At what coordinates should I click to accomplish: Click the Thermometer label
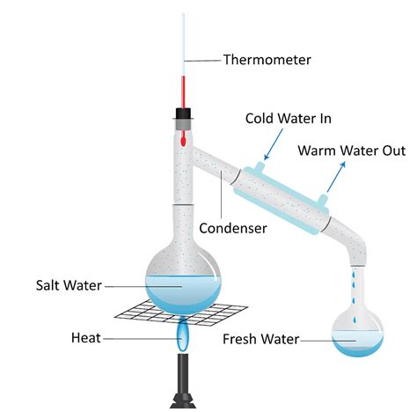coord(267,60)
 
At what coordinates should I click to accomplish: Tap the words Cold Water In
coord(289,119)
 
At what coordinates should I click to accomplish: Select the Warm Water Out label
coord(352,151)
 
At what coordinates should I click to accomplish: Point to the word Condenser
coord(233,228)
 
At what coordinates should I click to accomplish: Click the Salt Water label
coord(69,285)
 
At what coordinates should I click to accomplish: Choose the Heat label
coord(86,338)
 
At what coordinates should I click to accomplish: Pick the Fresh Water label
coord(260,339)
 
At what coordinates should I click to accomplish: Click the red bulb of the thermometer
coord(183,141)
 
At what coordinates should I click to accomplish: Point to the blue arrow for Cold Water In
coord(273,144)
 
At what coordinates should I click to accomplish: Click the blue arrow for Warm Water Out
coord(336,177)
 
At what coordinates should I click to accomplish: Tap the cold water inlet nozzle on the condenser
coord(260,166)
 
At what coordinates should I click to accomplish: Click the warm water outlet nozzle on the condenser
coord(322,200)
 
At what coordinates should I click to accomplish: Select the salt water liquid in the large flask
coord(183,293)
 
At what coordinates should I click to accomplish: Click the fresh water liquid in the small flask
coord(357,342)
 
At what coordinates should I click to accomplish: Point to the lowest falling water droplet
coord(355,320)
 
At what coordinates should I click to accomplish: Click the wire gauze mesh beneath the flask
coord(181,314)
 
